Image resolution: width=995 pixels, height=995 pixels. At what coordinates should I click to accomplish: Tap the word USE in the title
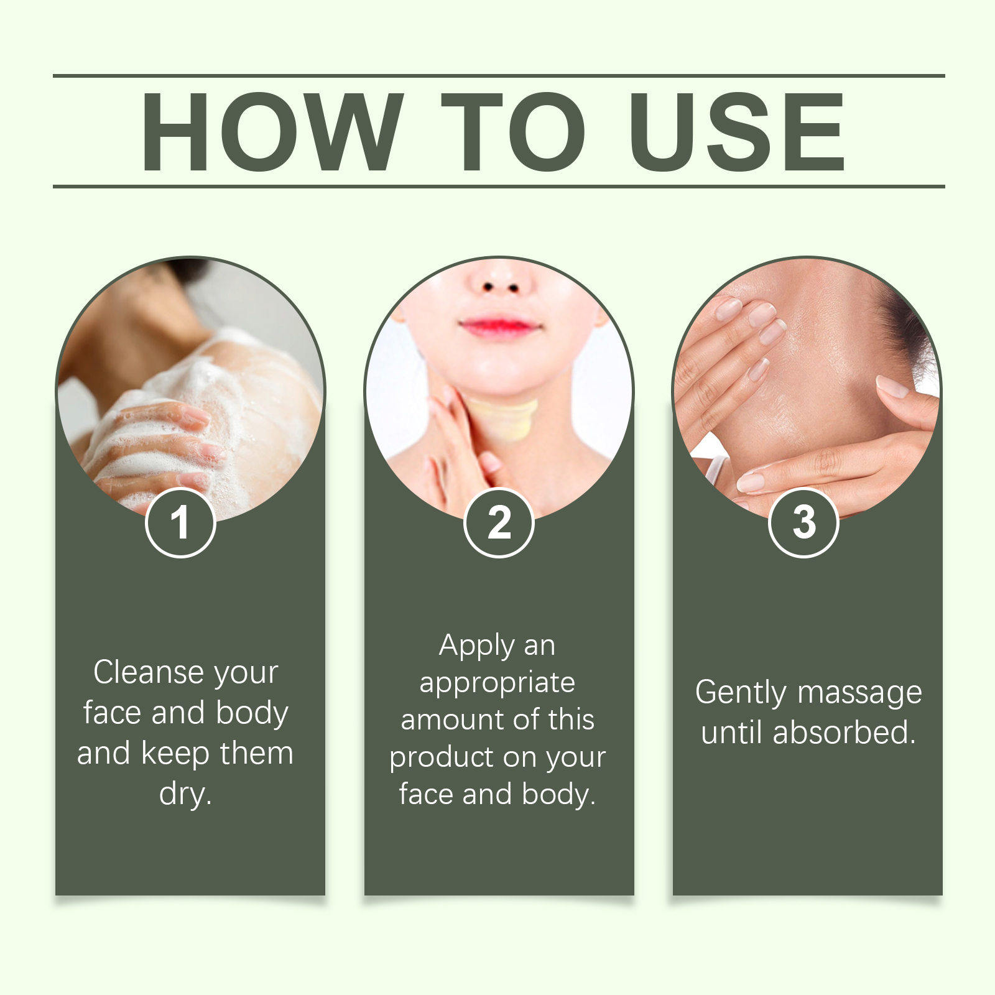pyautogui.click(x=738, y=131)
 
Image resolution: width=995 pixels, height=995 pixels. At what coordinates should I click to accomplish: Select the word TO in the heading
pyautogui.click(x=514, y=131)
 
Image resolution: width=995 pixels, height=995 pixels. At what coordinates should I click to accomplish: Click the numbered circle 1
pyautogui.click(x=180, y=522)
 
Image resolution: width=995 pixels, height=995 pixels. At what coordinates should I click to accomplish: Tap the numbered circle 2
pyautogui.click(x=499, y=522)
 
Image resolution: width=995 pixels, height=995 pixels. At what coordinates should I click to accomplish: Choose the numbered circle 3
pyautogui.click(x=803, y=522)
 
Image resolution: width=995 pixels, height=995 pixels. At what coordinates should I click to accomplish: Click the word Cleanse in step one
pyautogui.click(x=147, y=672)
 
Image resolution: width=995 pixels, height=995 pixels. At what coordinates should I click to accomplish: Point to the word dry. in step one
pyautogui.click(x=185, y=794)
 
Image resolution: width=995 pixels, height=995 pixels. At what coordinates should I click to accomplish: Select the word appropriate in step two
pyautogui.click(x=497, y=683)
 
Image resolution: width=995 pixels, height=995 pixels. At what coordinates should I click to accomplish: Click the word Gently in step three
pyautogui.click(x=741, y=693)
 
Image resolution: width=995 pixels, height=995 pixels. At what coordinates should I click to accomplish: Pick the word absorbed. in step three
pyautogui.click(x=844, y=733)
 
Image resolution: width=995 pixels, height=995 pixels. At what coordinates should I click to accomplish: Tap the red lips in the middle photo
pyautogui.click(x=499, y=326)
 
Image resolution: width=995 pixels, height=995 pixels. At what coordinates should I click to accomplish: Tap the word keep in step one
pyautogui.click(x=176, y=754)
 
